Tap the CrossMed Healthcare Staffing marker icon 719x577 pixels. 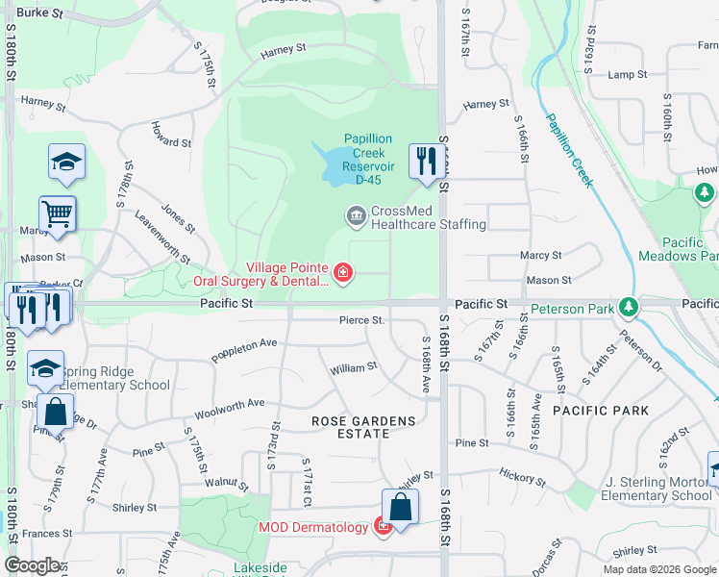[x=357, y=213]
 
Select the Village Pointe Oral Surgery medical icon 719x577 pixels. [x=341, y=275]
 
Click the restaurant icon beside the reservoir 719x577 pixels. [x=424, y=161]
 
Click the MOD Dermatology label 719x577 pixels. [x=313, y=527]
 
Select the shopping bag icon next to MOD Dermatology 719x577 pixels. [x=400, y=506]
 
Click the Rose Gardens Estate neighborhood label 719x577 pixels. [x=363, y=421]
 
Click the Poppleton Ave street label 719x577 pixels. [x=246, y=342]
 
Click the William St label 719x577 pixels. [x=353, y=368]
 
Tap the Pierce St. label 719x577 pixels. [x=361, y=320]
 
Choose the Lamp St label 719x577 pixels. [x=628, y=75]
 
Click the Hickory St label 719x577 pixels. [x=522, y=475]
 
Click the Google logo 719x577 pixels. [x=33, y=565]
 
